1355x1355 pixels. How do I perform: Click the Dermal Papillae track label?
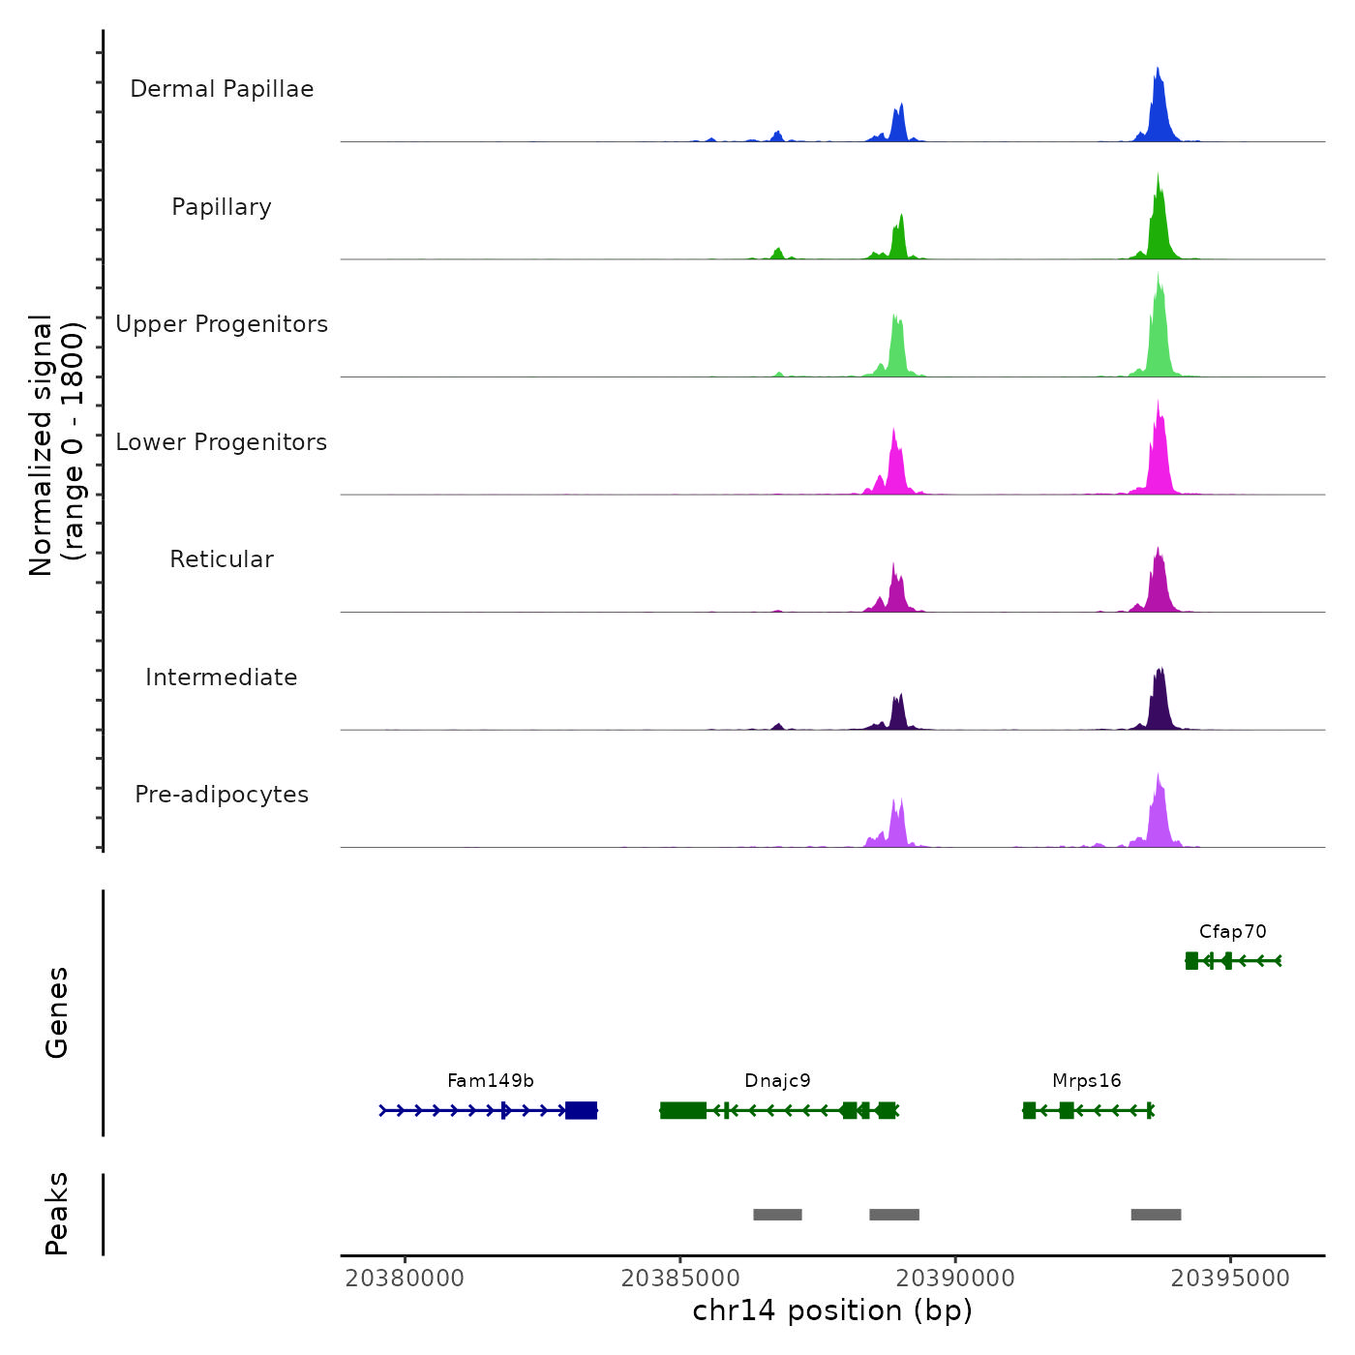[x=222, y=89]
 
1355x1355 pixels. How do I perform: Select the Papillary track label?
[x=222, y=207]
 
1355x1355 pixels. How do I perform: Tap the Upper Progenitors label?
[x=222, y=324]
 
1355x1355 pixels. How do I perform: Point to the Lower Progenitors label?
[x=222, y=442]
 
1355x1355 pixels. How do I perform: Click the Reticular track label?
[x=222, y=559]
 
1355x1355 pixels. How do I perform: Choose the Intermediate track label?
[x=222, y=677]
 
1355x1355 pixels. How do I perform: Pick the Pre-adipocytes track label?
[x=222, y=795]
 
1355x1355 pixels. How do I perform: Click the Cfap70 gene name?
[x=1232, y=932]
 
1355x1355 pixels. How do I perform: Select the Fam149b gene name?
[x=491, y=1081]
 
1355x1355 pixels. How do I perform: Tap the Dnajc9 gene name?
[x=777, y=1081]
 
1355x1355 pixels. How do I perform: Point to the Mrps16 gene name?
[x=1086, y=1081]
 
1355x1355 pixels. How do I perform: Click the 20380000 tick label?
[x=405, y=1279]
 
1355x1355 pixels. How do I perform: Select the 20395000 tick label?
[x=1230, y=1279]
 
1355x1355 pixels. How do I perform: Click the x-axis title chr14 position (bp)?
[x=832, y=1310]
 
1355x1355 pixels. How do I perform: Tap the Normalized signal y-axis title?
[x=56, y=445]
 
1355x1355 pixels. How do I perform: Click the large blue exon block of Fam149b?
[x=581, y=1110]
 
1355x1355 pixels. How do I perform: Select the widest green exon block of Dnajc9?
[x=683, y=1110]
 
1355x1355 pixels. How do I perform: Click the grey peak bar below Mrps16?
[x=1156, y=1215]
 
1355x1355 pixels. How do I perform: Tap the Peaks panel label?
[x=57, y=1214]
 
